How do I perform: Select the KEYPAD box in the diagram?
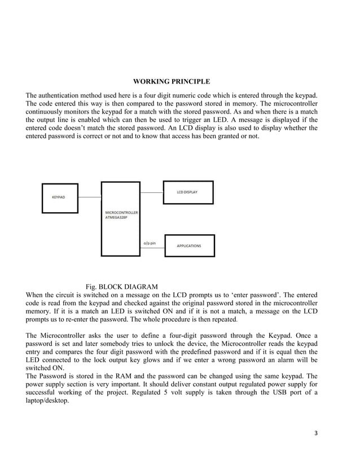[59, 197]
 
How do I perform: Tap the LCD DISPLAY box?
[188, 192]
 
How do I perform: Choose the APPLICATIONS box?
[188, 246]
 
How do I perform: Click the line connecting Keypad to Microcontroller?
[89, 197]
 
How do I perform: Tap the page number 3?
[316, 433]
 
